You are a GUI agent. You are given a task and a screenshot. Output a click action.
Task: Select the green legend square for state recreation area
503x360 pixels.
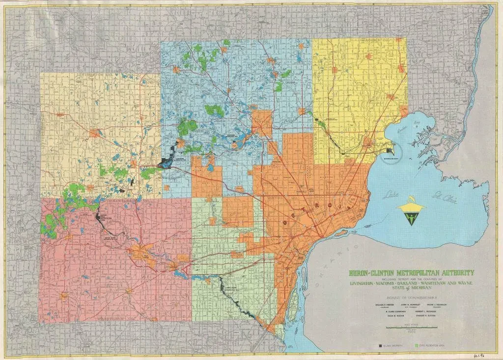(418, 345)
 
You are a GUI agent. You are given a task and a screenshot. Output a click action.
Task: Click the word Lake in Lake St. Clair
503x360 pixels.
(391, 193)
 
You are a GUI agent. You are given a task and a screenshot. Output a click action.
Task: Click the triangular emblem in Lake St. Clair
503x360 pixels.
(410, 213)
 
